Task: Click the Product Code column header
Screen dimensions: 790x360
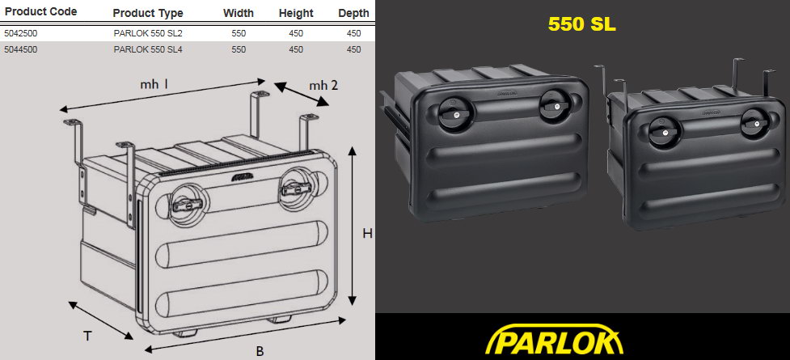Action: tap(40, 11)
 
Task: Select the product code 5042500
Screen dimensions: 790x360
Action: tap(21, 33)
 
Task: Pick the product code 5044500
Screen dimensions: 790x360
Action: tap(21, 49)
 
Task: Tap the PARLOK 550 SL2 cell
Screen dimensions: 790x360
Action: tap(148, 33)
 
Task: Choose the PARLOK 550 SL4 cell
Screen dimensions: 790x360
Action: tap(148, 49)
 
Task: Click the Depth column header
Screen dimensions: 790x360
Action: tap(353, 13)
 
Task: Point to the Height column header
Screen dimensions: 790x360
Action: tap(296, 13)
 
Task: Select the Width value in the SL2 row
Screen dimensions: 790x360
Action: tap(239, 33)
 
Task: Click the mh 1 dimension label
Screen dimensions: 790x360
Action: tap(154, 85)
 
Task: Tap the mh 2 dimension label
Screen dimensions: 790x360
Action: tap(323, 85)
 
